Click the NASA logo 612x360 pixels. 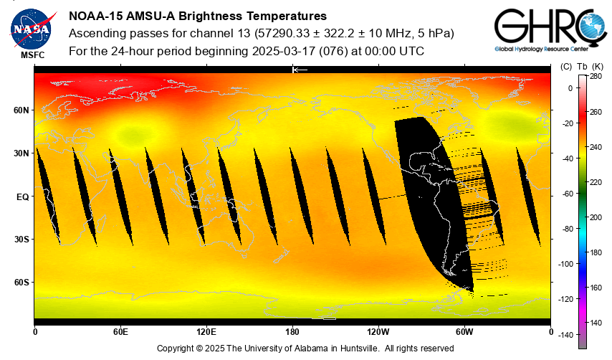point(31,28)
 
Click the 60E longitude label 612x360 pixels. point(120,332)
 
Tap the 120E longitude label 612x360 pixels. point(206,332)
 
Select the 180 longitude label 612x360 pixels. point(292,332)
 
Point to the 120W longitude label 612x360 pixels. point(378,332)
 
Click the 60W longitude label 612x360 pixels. point(464,332)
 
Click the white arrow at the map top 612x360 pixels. point(300,70)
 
